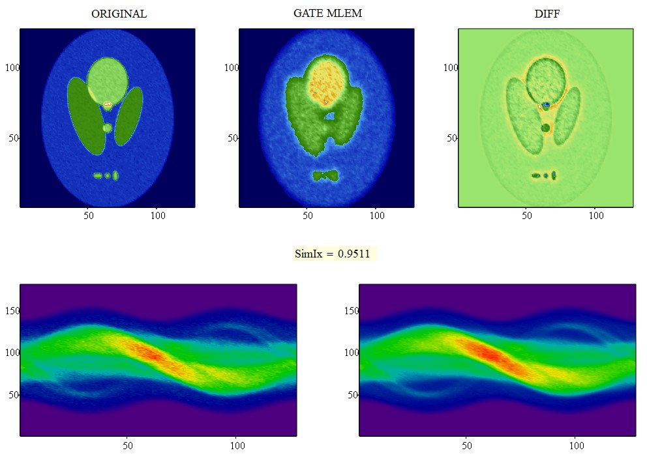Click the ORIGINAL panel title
click(x=119, y=14)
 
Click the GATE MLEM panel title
click(x=327, y=13)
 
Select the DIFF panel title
click(x=546, y=14)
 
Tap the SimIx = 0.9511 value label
click(x=335, y=254)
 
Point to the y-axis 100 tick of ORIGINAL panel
click(x=12, y=67)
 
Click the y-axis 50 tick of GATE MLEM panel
click(x=232, y=138)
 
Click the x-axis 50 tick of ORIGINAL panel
click(x=89, y=214)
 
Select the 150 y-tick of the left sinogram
click(x=12, y=311)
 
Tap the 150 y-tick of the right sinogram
click(x=352, y=311)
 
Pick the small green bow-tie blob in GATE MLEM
click(x=325, y=175)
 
